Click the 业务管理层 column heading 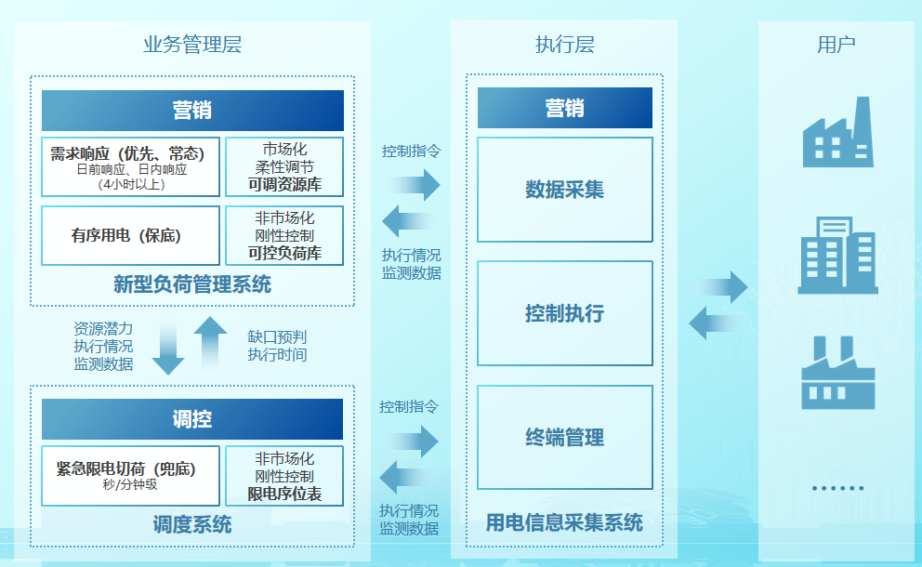coord(192,44)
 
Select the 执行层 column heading coord(564,44)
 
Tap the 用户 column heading coord(836,44)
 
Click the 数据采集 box coord(565,190)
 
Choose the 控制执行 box coord(565,313)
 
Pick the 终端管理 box coord(565,437)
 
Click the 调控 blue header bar coord(192,419)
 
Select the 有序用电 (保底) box coord(130,235)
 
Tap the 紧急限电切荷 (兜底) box coord(130,476)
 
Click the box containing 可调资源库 coord(284,166)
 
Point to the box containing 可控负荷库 coord(284,235)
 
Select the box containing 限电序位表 coord(284,476)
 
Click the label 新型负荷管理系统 coord(192,284)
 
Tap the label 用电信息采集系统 coord(564,522)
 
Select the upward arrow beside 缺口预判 coord(210,342)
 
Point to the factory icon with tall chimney coord(838,132)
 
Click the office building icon coord(838,256)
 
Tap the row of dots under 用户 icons coord(838,488)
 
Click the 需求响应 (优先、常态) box coord(130,166)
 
